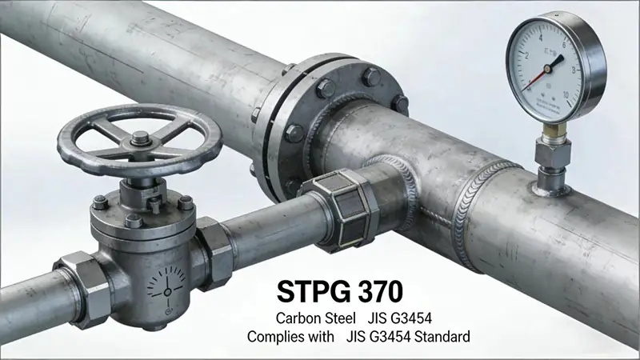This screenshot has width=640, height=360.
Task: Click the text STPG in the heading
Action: click(x=311, y=287)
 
